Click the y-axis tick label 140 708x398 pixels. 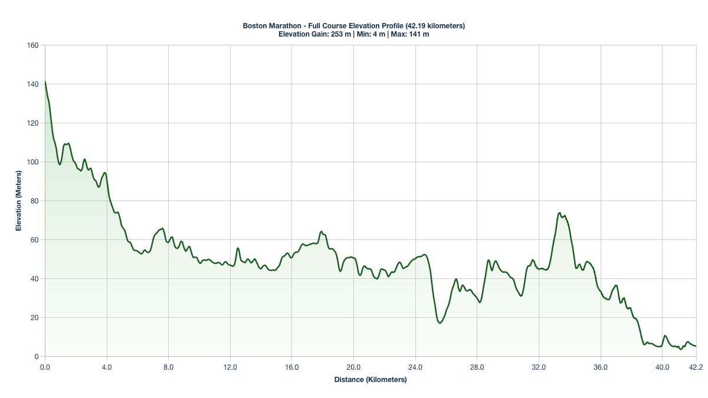pos(33,84)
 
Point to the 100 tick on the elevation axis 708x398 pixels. pos(33,162)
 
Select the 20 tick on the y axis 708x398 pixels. pos(35,318)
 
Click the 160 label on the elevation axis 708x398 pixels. pos(33,45)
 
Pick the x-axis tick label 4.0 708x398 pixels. pos(107,367)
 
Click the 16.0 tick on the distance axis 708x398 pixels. pos(291,367)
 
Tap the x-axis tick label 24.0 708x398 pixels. pos(415,367)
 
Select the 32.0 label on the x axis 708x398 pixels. pos(539,367)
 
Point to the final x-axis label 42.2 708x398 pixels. pos(696,367)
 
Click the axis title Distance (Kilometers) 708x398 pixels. pos(371,380)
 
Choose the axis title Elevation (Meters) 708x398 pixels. pos(19,200)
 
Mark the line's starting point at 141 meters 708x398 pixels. pos(45,82)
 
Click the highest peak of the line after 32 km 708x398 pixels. pos(559,213)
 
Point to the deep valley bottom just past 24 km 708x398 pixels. pos(440,323)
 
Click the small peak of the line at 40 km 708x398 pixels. pos(665,335)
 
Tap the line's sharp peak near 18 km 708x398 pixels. pos(321,231)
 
